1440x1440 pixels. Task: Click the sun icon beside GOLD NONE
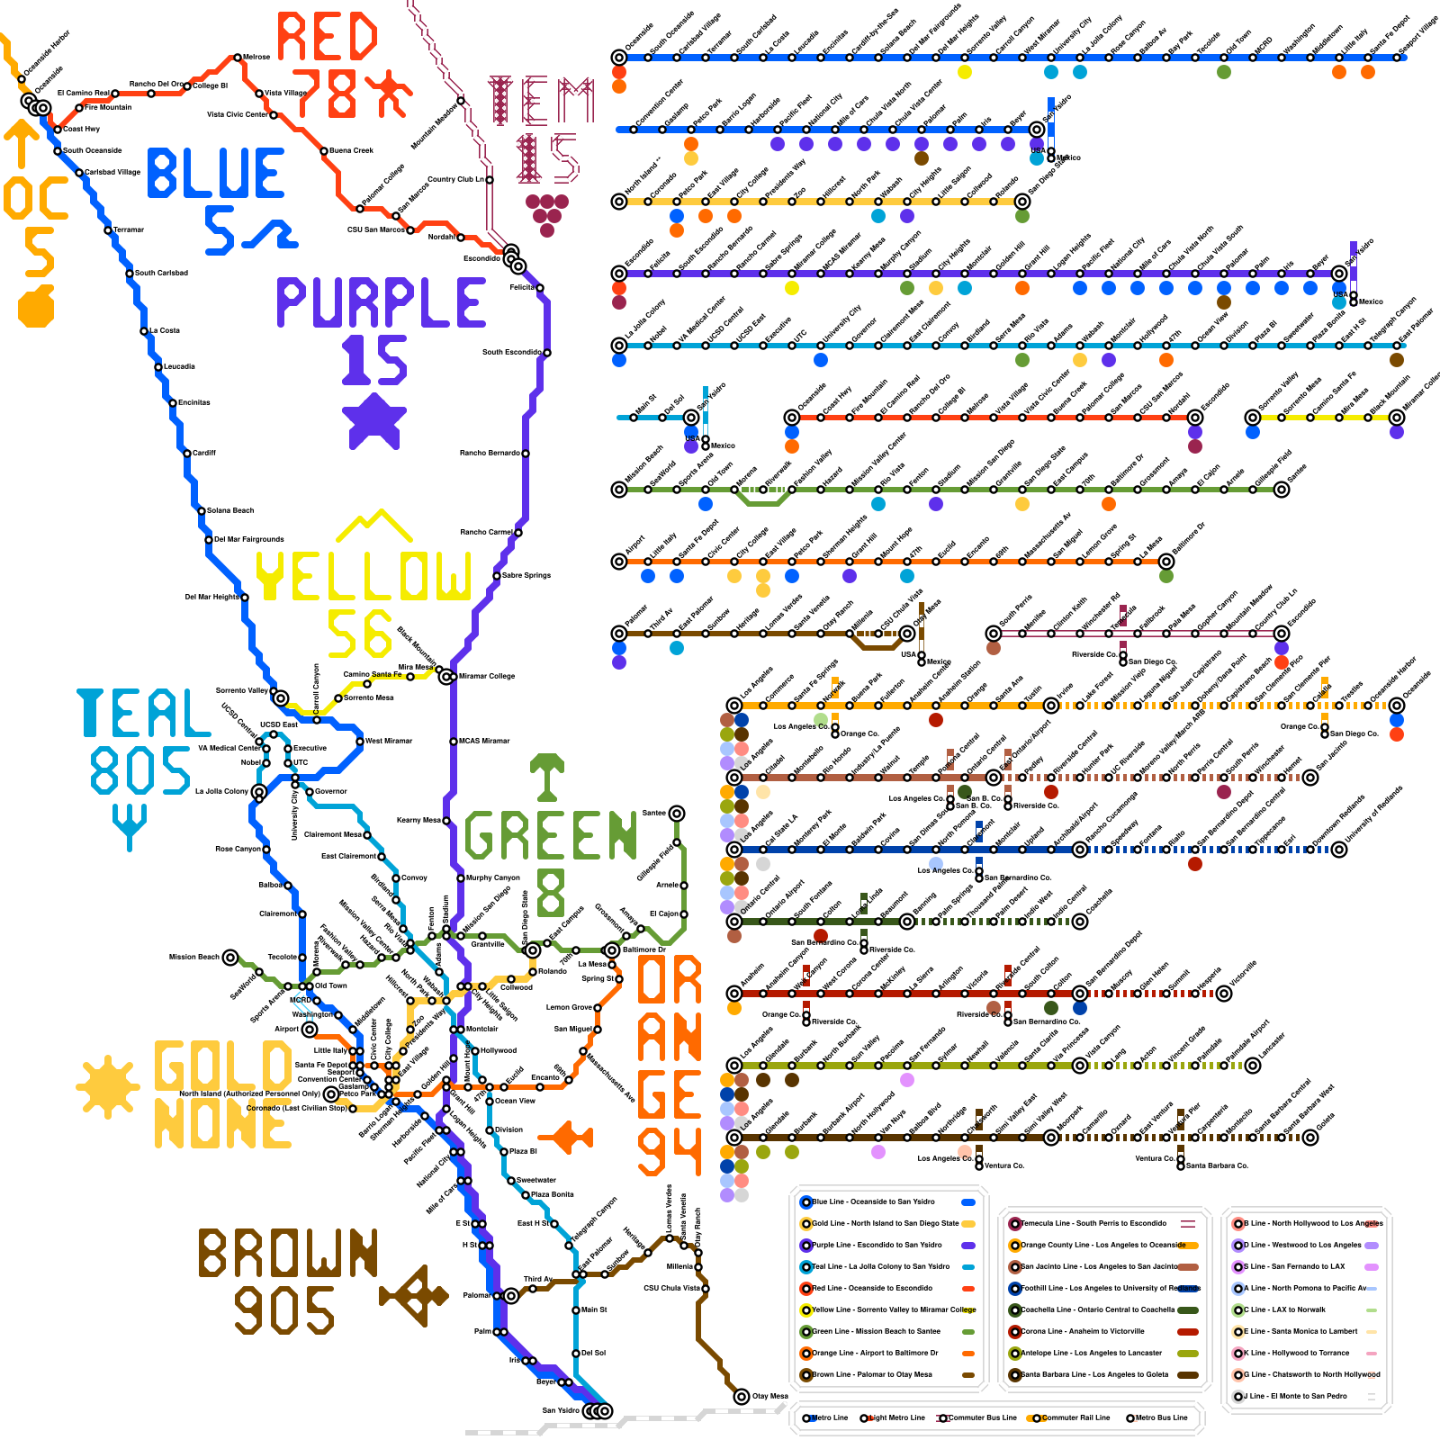click(109, 1087)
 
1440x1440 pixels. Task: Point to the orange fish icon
click(571, 1137)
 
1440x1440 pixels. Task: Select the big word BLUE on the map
click(216, 174)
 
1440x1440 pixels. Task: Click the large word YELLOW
click(364, 576)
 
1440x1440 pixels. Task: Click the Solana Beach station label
click(230, 510)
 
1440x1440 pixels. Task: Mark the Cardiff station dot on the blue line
click(187, 453)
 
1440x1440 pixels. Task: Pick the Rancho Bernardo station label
click(490, 453)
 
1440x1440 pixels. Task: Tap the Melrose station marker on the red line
click(238, 57)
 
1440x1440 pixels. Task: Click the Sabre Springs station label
click(526, 575)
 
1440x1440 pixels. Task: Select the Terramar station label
click(129, 229)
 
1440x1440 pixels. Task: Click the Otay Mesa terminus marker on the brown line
click(742, 1397)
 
